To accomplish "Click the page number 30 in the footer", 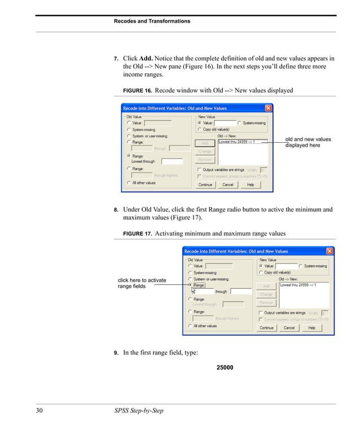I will pos(40,410).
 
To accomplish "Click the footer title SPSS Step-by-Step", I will pos(138,410).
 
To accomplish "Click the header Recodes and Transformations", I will pos(152,21).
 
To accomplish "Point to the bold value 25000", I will pos(225,368).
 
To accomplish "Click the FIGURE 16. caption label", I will pos(137,90).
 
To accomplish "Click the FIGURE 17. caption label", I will pos(137,234).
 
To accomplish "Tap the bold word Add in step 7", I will pos(146,58).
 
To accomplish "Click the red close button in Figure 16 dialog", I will pos(268,108).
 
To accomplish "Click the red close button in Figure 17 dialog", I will pos(330,251).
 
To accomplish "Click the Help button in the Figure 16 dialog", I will pos(251,184).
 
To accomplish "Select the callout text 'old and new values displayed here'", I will pos(308,142).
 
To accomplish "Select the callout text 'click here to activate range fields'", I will pos(142,283).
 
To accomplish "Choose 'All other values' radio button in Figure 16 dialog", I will pos(129,183).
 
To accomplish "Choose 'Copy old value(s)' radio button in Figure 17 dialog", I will pos(261,272).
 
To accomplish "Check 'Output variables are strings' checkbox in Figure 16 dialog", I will pos(199,169).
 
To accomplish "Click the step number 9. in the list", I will pos(116,354).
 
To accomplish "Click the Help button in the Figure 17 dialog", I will pos(311,327).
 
